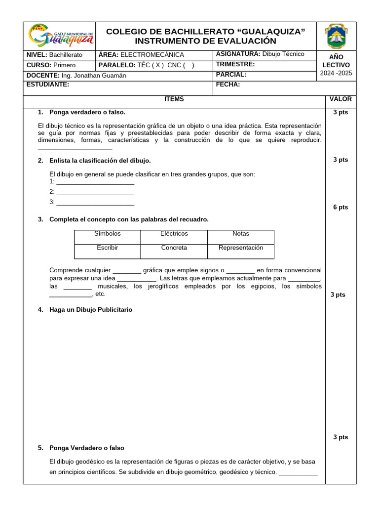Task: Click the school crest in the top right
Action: coord(336,36)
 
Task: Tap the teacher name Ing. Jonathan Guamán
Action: coord(94,76)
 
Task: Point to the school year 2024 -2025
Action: coord(336,74)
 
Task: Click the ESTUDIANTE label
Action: coord(47,84)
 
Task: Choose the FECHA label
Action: coord(228,84)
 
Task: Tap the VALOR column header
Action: coord(341,99)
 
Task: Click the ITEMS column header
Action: coord(174,99)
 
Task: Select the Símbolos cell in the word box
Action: coord(108,234)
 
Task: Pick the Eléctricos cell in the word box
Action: coord(174,234)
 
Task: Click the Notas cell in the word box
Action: coord(241,234)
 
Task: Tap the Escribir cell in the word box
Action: coord(108,248)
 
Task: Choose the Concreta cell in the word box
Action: coord(174,248)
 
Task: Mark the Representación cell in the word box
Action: coord(241,248)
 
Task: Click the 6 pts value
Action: coord(341,208)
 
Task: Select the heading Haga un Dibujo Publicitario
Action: coord(91,310)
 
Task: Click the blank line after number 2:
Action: coord(95,192)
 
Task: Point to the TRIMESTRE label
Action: coord(235,64)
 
